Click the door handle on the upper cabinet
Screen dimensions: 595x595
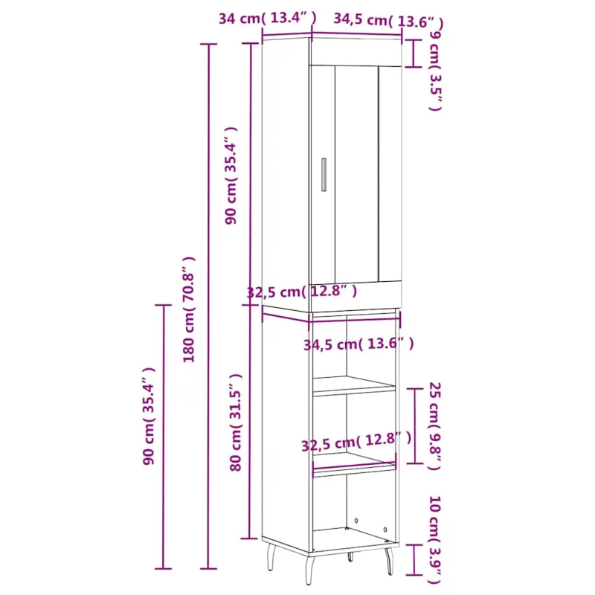324,175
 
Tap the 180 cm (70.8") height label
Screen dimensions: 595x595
189,309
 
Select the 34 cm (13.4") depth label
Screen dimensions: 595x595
267,18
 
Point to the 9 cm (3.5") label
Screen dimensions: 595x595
436,71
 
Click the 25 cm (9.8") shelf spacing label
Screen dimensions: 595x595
435,425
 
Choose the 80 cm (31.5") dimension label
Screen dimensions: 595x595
236,422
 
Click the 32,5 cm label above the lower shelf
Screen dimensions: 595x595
356,441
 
